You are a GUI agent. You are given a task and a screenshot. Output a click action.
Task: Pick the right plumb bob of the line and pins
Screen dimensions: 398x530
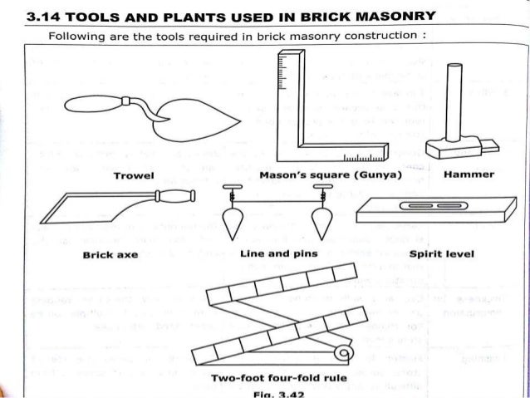tap(319, 224)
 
